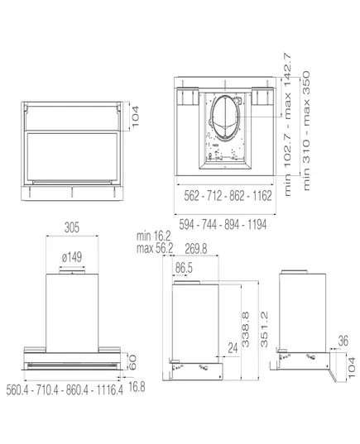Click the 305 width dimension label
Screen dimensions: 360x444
pos(72,227)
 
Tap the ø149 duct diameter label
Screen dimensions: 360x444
pos(72,257)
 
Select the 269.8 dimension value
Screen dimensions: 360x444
pos(196,249)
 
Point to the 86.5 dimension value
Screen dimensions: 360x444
pos(184,268)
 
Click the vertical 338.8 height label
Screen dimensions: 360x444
pos(246,329)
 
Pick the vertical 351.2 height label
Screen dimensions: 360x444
pos(264,329)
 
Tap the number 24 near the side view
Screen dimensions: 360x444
pos(233,348)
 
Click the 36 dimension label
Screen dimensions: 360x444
pos(343,341)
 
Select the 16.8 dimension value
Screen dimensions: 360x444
pos(137,387)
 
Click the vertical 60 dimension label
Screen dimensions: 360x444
pos(132,362)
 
